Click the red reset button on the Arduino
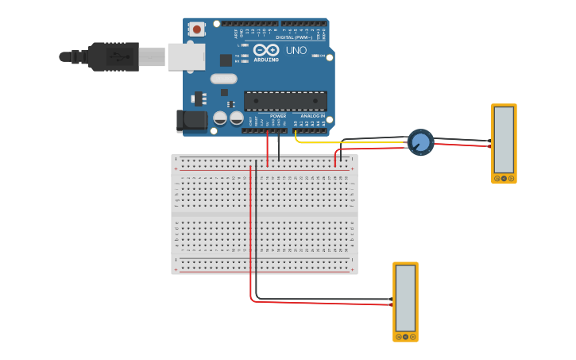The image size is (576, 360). tap(196, 29)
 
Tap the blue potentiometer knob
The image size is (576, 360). tap(421, 142)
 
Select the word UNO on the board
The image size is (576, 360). tap(296, 51)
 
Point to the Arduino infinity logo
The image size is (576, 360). tap(265, 50)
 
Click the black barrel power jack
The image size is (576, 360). tap(191, 120)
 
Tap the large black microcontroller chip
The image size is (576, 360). tap(285, 101)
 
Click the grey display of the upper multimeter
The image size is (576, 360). tap(504, 139)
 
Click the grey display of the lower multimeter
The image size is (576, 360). tap(405, 297)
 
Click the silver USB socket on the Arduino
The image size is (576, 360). tap(187, 56)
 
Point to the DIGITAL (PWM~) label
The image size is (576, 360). tap(294, 37)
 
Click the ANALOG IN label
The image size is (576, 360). tap(312, 116)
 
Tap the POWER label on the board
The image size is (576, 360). tap(278, 116)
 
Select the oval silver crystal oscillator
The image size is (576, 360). tap(224, 79)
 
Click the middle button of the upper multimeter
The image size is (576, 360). tap(504, 179)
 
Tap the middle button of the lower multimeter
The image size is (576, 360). tap(405, 337)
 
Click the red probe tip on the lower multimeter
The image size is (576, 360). tap(390, 304)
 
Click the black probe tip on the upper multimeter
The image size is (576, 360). tap(489, 141)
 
